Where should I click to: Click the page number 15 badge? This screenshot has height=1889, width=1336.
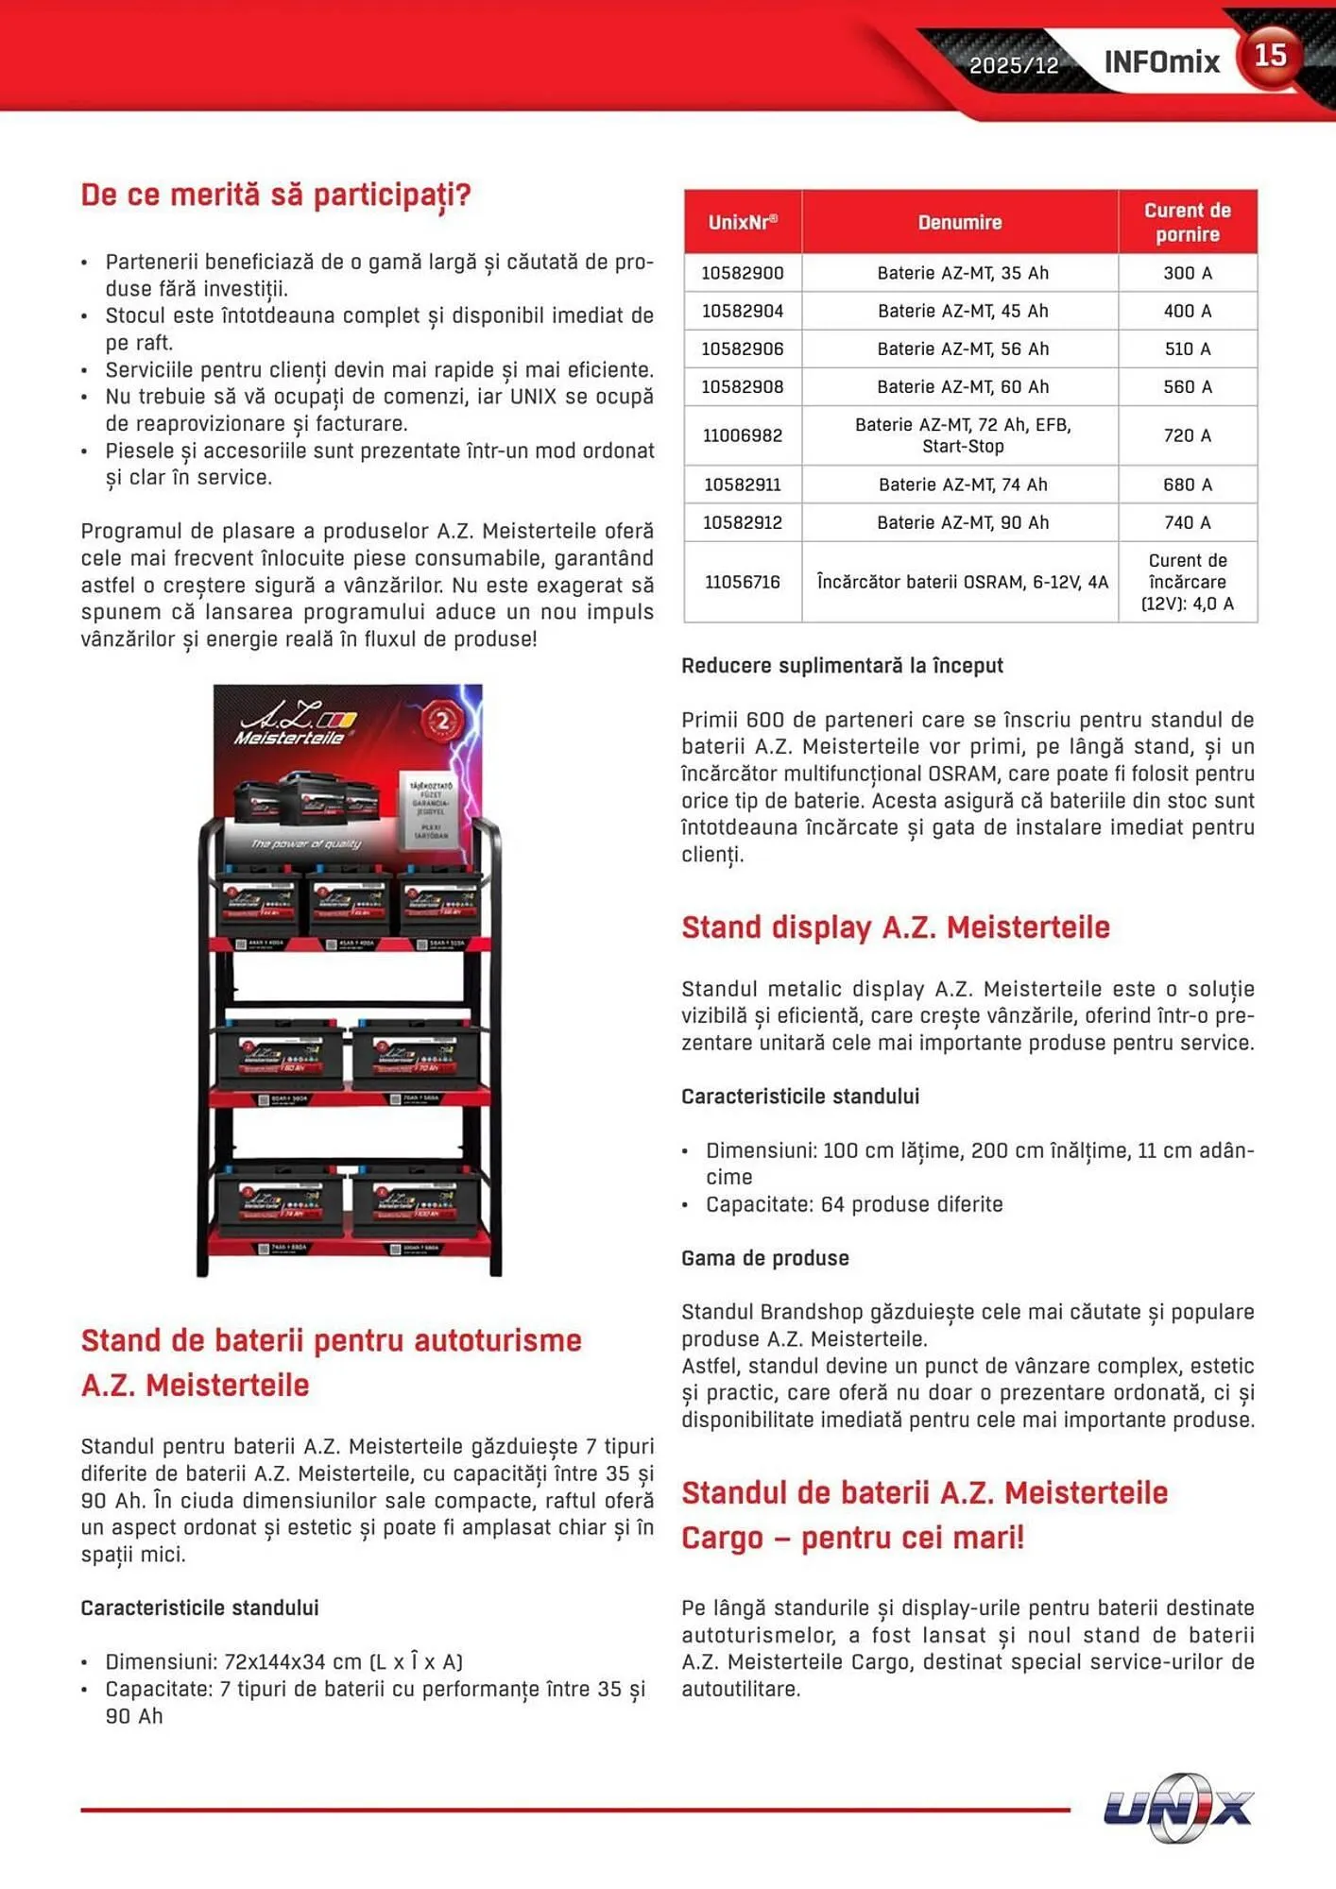tap(1270, 57)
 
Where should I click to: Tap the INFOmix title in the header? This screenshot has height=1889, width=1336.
tap(1161, 62)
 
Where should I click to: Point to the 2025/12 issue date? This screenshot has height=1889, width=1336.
tap(1014, 65)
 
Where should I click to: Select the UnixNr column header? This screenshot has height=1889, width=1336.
tap(743, 222)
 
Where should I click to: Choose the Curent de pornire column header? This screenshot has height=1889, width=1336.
tap(1187, 222)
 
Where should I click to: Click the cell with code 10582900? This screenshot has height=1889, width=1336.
tap(743, 273)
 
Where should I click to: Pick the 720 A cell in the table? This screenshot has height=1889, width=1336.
tap(1187, 435)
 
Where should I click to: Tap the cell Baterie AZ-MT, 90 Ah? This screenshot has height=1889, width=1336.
tap(962, 522)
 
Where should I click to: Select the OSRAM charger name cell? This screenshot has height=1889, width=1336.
tap(962, 582)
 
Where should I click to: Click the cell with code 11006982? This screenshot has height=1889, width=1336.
tap(743, 435)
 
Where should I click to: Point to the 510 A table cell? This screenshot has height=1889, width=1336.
tap(1187, 349)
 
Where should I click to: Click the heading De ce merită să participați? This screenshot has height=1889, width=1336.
tap(276, 195)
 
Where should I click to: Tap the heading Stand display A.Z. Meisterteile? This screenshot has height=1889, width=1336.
tap(895, 927)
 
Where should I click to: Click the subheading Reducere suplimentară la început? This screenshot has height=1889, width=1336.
tap(842, 665)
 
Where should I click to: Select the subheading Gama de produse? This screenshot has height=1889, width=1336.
tap(764, 1258)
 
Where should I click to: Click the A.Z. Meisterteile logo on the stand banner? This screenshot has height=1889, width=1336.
tap(293, 723)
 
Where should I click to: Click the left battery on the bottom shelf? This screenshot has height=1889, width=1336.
tap(281, 1201)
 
